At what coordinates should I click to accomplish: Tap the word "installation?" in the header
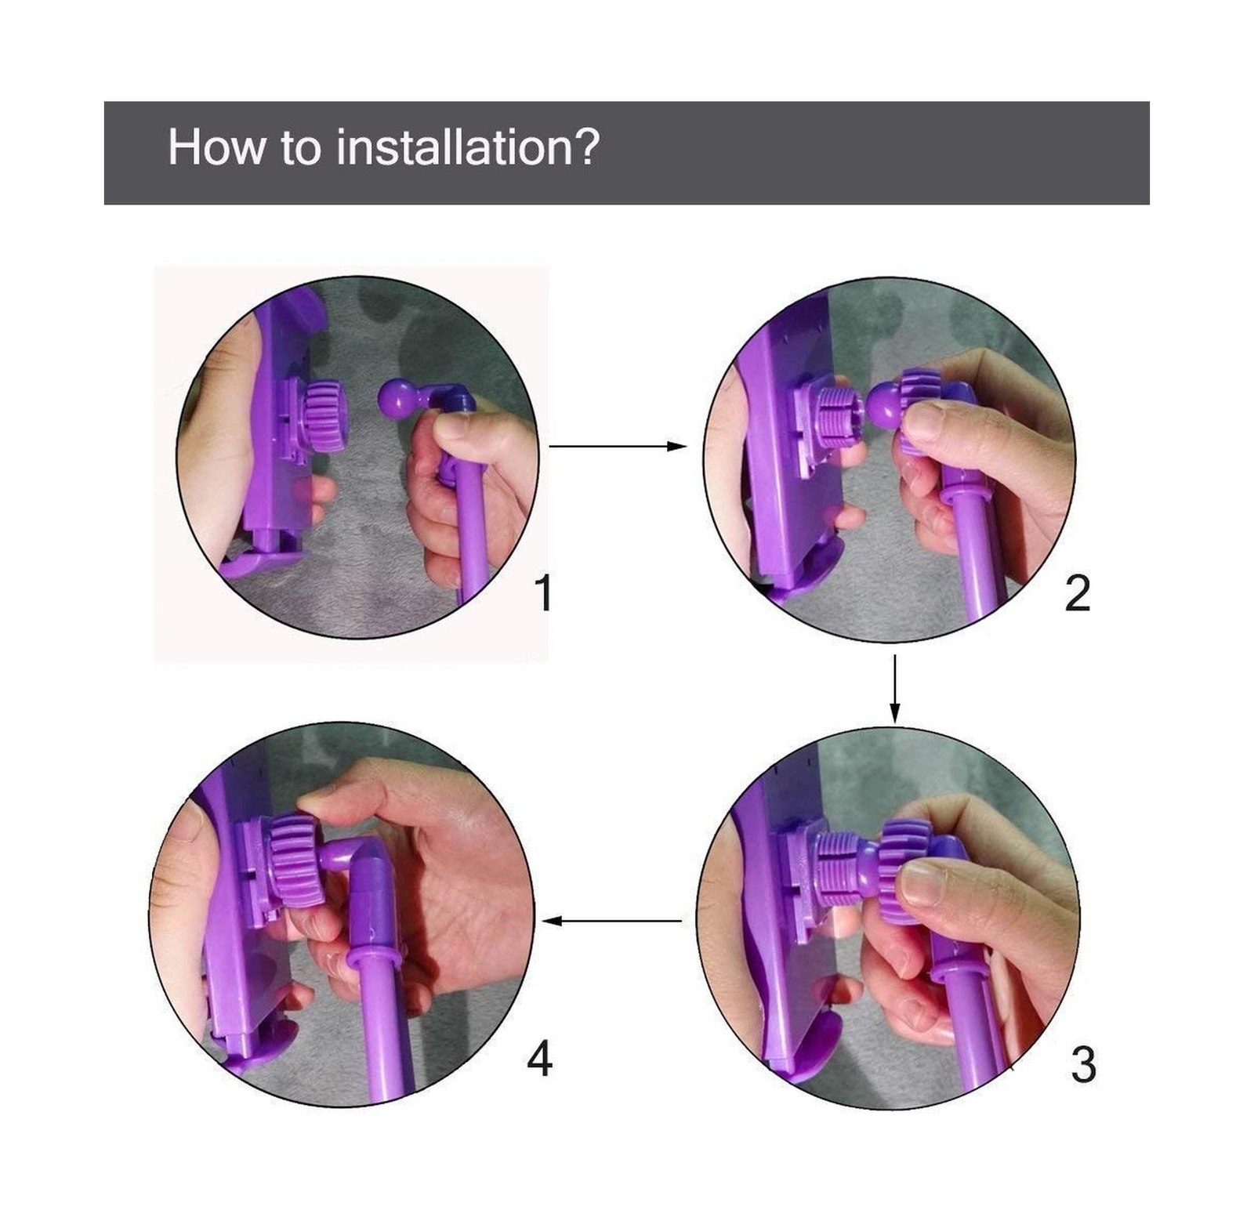(468, 147)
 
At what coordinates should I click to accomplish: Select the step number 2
(1078, 593)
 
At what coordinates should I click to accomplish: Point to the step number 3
(1083, 1065)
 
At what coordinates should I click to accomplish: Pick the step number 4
(540, 1059)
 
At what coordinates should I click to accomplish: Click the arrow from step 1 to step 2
(618, 446)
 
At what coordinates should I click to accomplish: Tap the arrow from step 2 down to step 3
(894, 689)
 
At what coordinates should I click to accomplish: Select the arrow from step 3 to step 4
(612, 921)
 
